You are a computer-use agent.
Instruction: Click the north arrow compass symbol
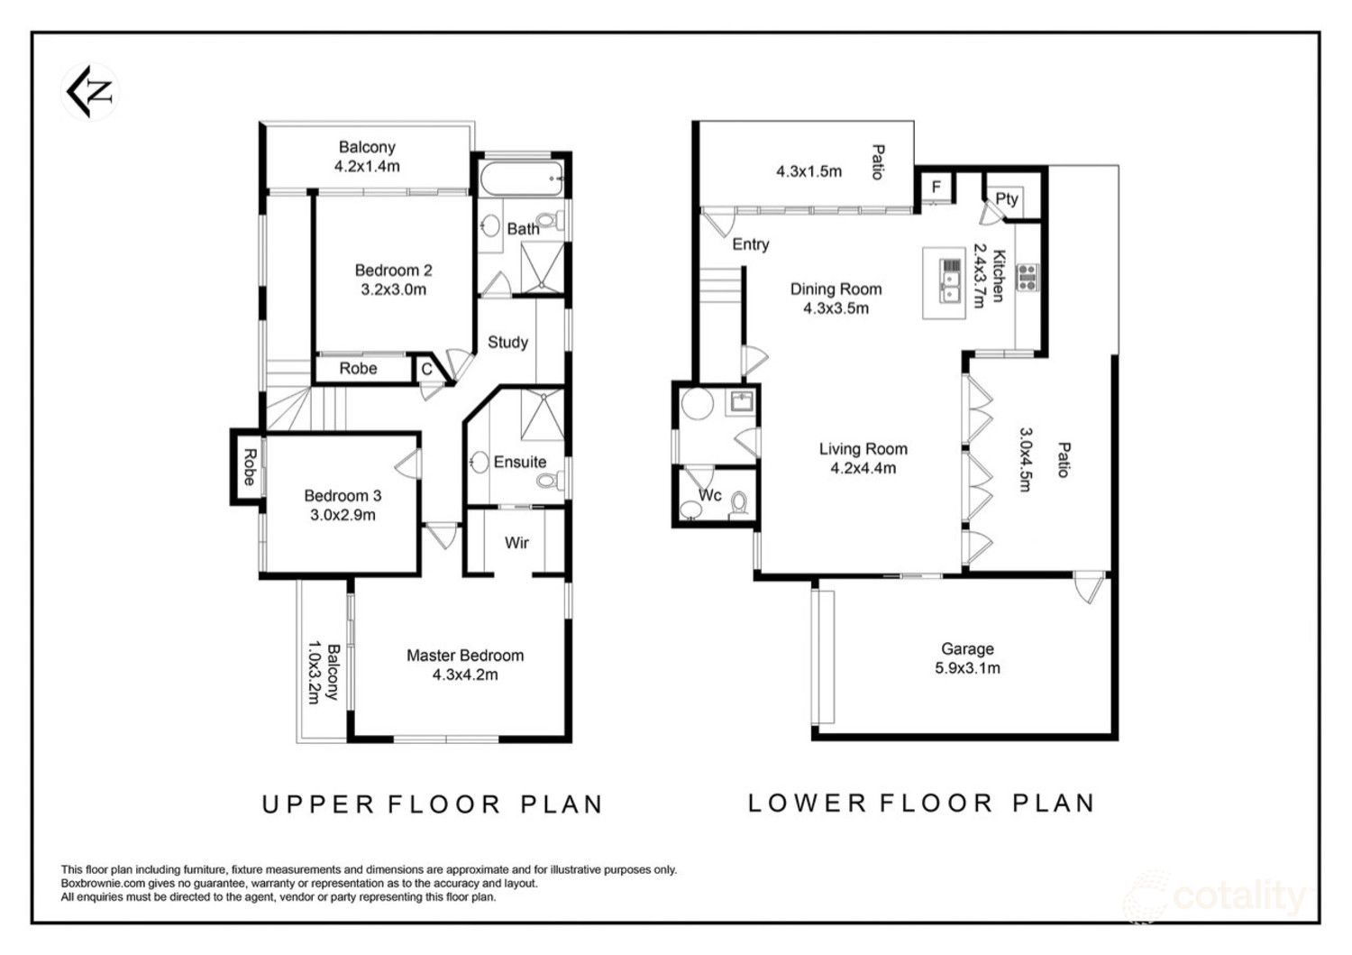coord(90,92)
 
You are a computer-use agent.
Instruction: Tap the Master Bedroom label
coord(465,656)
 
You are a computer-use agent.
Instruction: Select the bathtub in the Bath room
coord(522,179)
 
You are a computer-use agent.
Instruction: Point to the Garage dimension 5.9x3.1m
coord(967,668)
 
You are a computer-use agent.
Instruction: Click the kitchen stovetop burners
coord(1028,277)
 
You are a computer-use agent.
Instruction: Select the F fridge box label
coord(936,187)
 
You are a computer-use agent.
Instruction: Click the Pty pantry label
coord(1006,198)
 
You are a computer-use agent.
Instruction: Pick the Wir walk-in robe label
coord(516,543)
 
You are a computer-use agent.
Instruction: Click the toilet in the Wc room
coord(738,505)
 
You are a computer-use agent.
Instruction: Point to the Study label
coord(507,342)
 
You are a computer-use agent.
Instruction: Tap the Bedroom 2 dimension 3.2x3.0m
coord(394,290)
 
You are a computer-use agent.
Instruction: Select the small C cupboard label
coord(426,369)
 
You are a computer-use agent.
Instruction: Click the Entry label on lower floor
coord(750,244)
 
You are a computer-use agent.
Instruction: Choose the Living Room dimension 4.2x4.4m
coord(863,468)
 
